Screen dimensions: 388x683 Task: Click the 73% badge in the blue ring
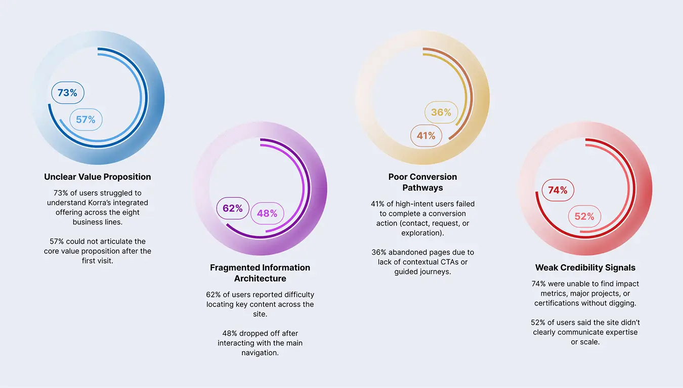(67, 93)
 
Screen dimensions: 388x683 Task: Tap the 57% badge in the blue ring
(86, 120)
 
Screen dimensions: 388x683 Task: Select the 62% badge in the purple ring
(233, 208)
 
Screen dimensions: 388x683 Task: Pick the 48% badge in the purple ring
(267, 214)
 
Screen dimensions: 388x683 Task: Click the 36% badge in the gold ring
(441, 112)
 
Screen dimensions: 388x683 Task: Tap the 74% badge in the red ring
(558, 190)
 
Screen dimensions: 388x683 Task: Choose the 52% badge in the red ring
(584, 216)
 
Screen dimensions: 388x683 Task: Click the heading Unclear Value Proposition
(98, 177)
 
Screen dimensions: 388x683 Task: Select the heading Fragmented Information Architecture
(260, 273)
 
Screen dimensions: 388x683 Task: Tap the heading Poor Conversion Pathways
(422, 182)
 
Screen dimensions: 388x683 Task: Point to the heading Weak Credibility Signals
(585, 267)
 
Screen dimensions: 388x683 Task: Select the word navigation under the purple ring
(260, 353)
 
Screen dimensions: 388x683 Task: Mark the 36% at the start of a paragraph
(379, 252)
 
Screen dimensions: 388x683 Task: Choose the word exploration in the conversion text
(422, 233)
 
